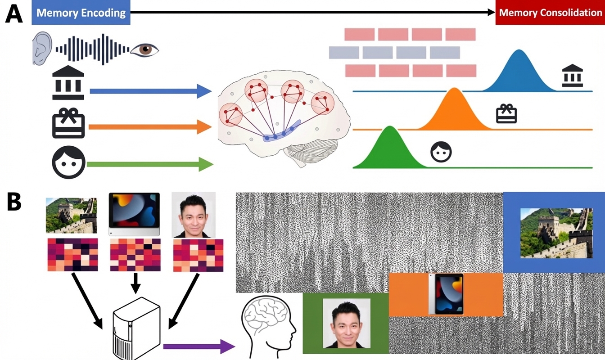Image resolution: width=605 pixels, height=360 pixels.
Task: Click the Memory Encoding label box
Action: pyautogui.click(x=81, y=12)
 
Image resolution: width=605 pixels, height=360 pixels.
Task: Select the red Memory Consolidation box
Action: pyautogui.click(x=550, y=12)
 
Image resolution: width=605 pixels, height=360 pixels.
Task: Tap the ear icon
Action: pyautogui.click(x=42, y=49)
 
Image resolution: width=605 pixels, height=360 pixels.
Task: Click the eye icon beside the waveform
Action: pyautogui.click(x=144, y=49)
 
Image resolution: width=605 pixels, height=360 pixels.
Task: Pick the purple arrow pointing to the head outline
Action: pyautogui.click(x=199, y=346)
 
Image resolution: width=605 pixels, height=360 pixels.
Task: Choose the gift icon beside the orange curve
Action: pyautogui.click(x=506, y=114)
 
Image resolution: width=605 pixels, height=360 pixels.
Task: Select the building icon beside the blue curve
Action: pyautogui.click(x=573, y=76)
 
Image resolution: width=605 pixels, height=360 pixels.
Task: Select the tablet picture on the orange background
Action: pyautogui.click(x=446, y=293)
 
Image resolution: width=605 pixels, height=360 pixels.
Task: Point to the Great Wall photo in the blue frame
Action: pyautogui.click(x=556, y=233)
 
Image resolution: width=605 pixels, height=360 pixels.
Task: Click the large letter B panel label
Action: pyautogui.click(x=14, y=202)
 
